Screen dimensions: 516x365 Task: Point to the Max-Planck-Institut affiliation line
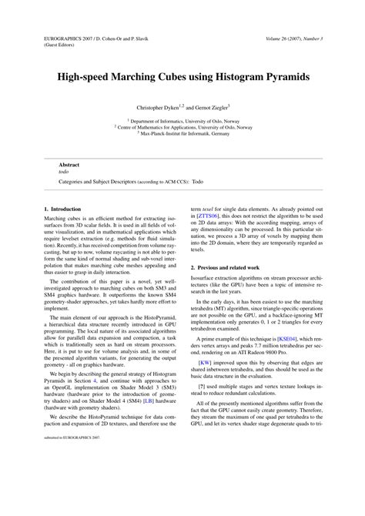(x=182, y=132)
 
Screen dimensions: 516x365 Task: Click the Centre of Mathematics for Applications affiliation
(x=182, y=126)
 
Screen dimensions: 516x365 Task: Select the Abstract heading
(x=71, y=165)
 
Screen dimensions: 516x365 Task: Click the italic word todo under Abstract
(x=65, y=173)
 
